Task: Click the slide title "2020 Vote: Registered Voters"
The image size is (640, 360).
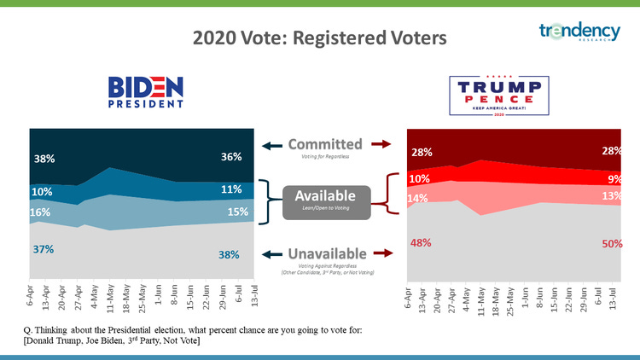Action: tap(319, 38)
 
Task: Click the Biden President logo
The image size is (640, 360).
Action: tap(146, 92)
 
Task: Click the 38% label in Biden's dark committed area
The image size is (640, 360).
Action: tap(45, 159)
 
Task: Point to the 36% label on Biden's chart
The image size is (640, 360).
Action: tap(231, 157)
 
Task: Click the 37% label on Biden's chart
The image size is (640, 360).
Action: tap(44, 249)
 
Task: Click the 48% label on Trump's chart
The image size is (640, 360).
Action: tap(420, 242)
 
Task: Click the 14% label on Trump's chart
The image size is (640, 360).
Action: tap(418, 198)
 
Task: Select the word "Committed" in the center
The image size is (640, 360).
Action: tap(324, 143)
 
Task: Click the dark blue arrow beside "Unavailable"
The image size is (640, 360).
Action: tap(269, 253)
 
